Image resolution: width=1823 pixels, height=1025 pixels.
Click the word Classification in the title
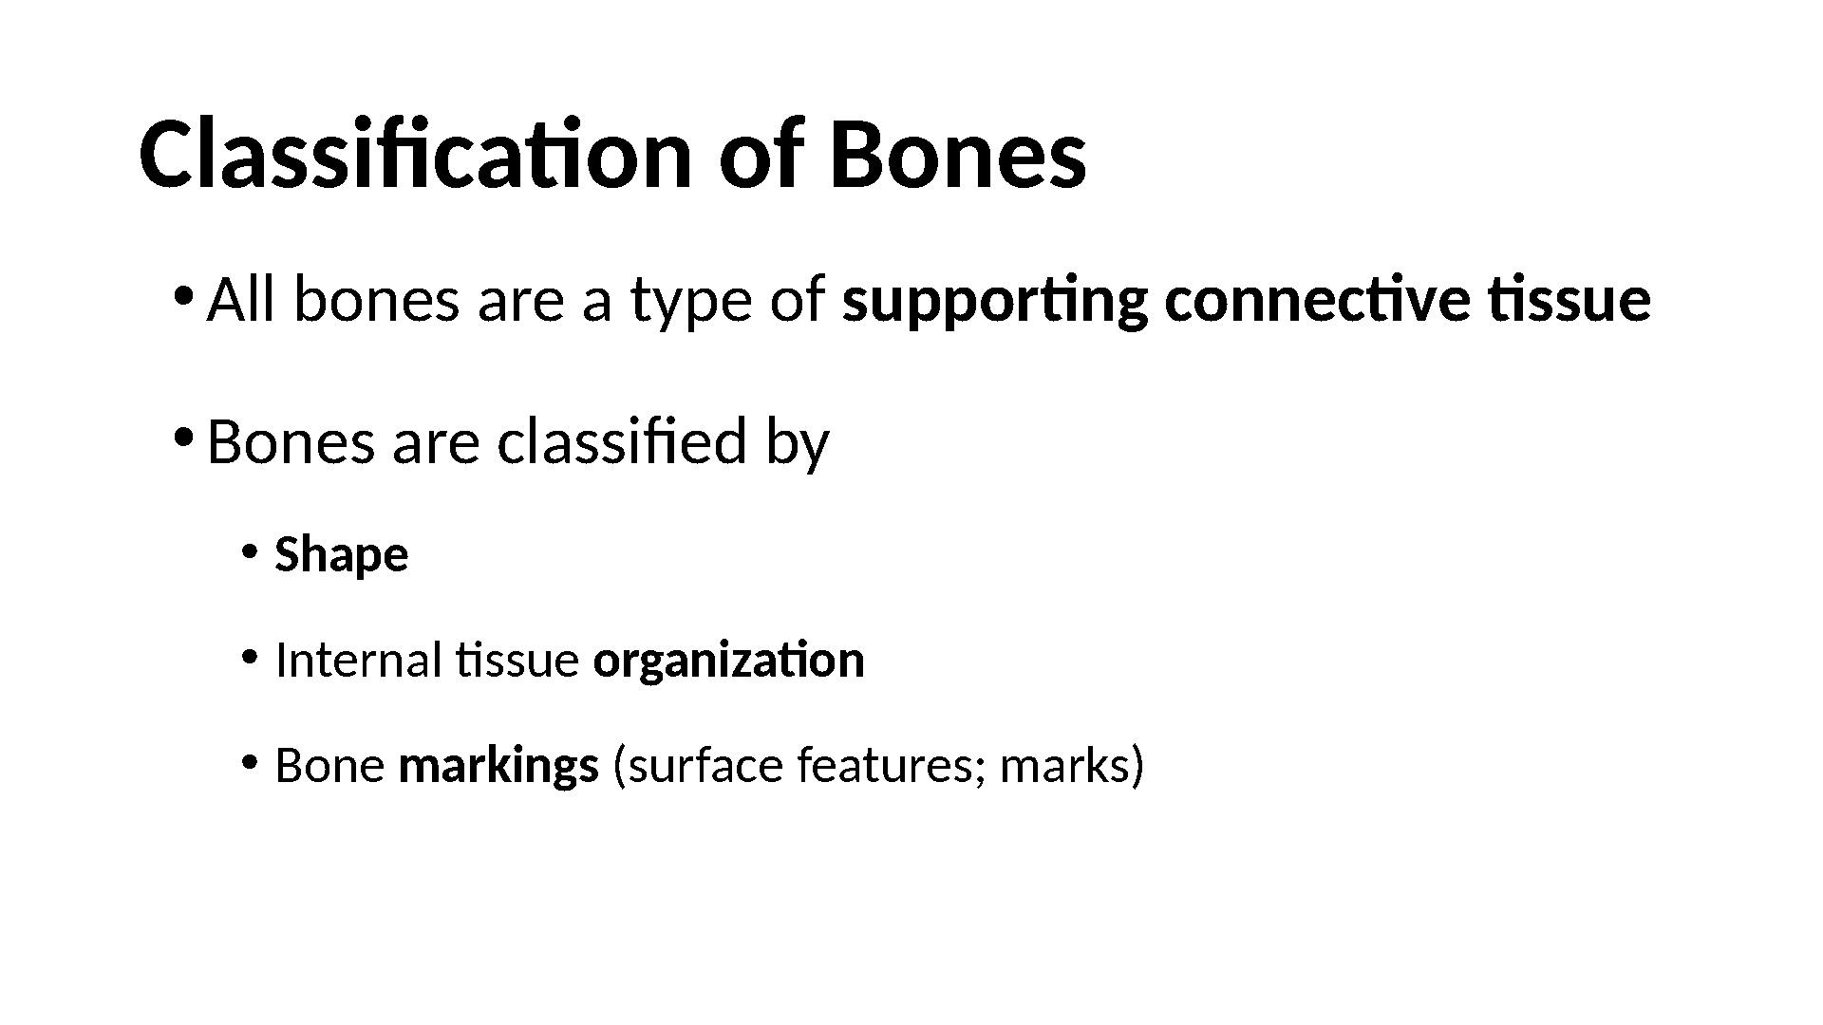click(416, 155)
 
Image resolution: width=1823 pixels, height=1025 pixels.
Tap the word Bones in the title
click(958, 155)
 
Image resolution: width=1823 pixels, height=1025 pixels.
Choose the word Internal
click(358, 661)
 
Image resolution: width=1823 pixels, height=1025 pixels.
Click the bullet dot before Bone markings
click(249, 761)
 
